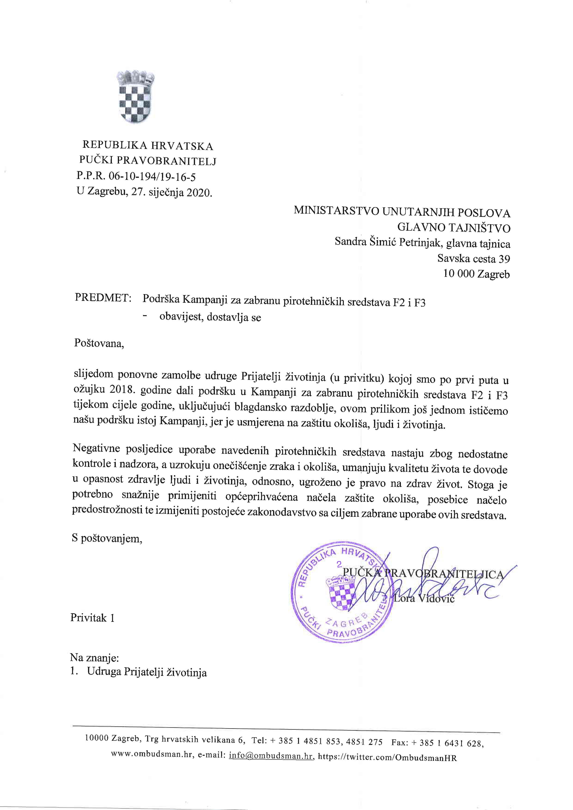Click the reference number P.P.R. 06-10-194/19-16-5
[136, 176]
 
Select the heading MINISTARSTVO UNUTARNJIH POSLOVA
[402, 212]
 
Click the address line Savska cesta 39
[473, 259]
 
